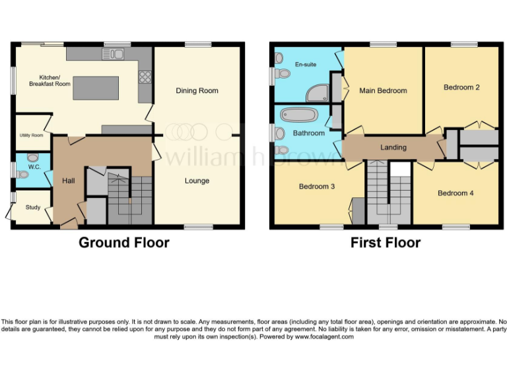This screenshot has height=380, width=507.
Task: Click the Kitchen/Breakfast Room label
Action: tap(50, 80)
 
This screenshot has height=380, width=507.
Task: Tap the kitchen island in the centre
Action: tap(96, 88)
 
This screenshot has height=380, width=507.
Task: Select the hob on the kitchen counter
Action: tap(145, 78)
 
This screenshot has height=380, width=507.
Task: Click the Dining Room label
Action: tap(197, 90)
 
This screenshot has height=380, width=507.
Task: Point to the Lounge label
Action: tap(197, 181)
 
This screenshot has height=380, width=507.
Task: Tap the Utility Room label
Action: tap(31, 135)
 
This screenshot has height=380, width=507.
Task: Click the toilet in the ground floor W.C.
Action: tap(22, 174)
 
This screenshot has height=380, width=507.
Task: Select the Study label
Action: tap(33, 207)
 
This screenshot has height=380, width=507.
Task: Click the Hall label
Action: tap(69, 179)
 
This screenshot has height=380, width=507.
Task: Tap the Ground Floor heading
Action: tap(124, 243)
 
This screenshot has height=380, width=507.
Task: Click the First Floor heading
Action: tap(386, 243)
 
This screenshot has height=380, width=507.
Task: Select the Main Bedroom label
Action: tap(383, 90)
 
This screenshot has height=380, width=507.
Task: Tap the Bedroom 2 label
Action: tap(461, 87)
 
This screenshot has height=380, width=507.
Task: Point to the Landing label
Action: tap(393, 147)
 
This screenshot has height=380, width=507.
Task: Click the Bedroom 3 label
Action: tap(317, 186)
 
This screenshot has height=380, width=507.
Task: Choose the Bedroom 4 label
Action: tap(456, 193)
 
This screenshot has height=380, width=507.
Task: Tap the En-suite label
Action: tap(305, 65)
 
